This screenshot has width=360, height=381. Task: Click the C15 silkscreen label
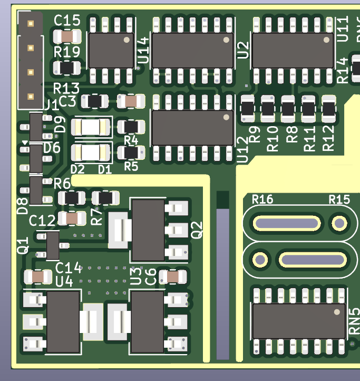point(67,21)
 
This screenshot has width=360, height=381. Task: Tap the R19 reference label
point(67,52)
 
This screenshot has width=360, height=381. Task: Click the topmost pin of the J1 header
point(31,24)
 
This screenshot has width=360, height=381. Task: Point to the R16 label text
point(262,199)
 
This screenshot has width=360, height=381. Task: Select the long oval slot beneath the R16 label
point(287,223)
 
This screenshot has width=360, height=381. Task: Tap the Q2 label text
point(197,230)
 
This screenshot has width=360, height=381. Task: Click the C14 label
point(69,268)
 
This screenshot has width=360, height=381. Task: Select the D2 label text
point(77,169)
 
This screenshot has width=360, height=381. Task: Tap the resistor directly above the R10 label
point(268,109)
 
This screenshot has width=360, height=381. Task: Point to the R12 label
point(328,138)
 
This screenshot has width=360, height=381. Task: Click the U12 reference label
point(243,151)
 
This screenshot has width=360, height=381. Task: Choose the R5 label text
point(131,166)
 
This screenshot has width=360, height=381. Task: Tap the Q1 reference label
point(23,246)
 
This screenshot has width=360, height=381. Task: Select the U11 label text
point(343,29)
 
